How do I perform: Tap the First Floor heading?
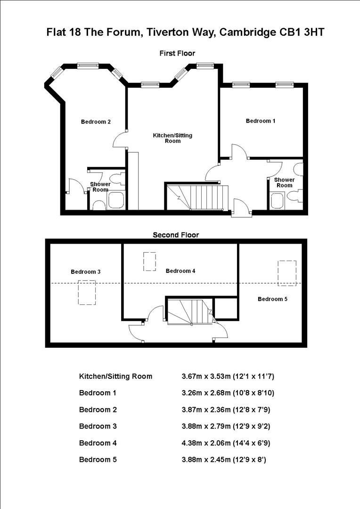coord(177,53)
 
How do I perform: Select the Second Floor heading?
coord(176,235)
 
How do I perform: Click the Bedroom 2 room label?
coord(96,122)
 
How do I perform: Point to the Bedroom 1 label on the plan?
coord(261,121)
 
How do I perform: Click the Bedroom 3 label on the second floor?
coord(85,271)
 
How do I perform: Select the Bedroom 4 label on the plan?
coord(180,271)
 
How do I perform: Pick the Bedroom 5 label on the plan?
coord(272,299)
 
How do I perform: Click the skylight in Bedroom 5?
coord(286,273)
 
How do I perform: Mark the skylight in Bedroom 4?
coord(149,262)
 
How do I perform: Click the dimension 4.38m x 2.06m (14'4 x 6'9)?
coord(226,443)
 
